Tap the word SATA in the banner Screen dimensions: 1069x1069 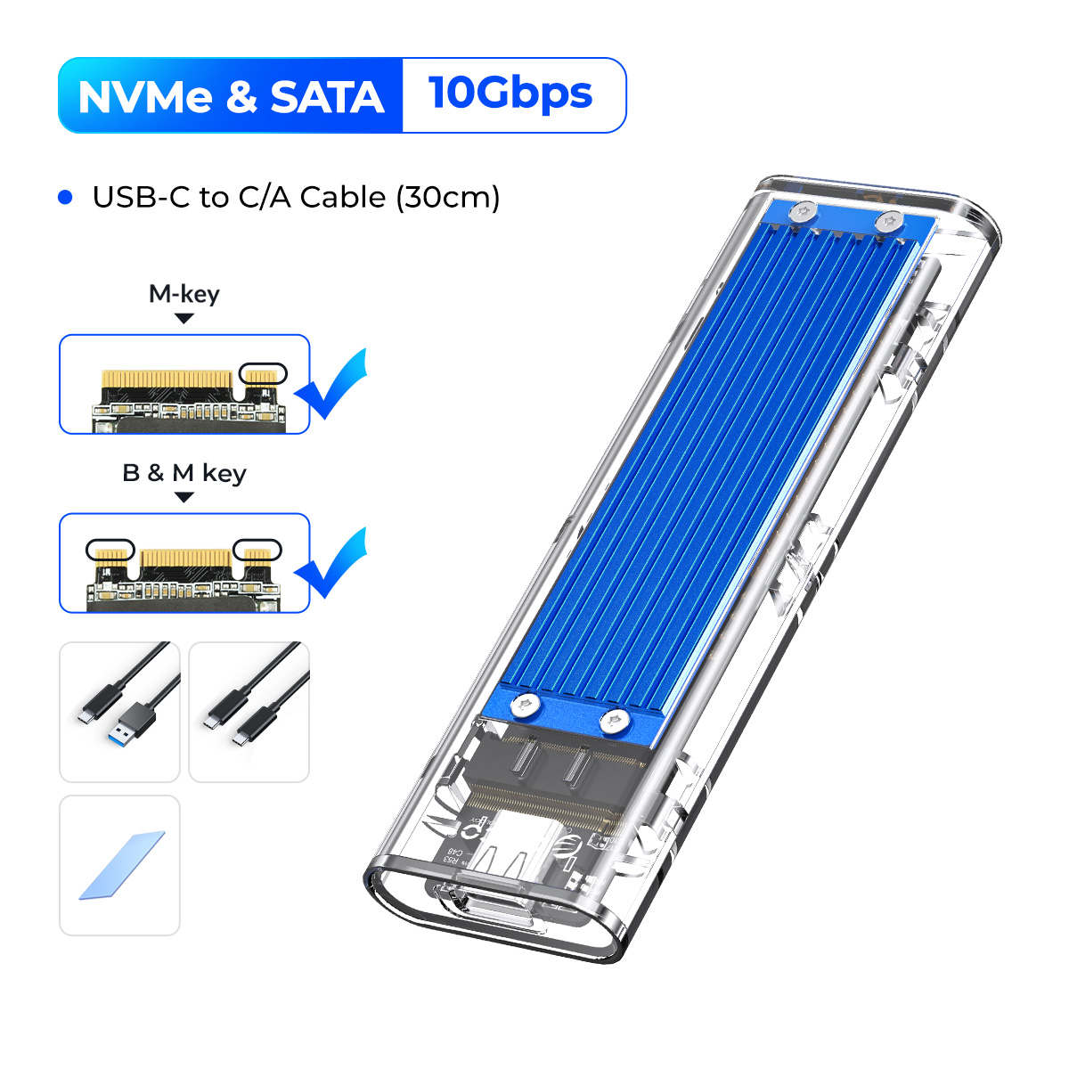(327, 97)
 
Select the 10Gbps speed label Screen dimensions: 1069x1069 (510, 94)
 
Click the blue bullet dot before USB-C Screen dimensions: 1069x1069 (65, 197)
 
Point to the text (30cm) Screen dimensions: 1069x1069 (448, 197)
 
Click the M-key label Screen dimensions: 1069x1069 (184, 293)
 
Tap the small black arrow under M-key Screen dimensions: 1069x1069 (184, 318)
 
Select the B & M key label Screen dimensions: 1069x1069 (184, 472)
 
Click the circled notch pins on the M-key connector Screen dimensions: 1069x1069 (264, 373)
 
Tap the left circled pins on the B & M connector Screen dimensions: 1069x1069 (110, 551)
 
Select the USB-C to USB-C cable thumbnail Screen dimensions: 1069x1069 (249, 712)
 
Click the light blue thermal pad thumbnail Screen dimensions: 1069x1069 (121, 865)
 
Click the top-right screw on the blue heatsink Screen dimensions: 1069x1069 (887, 221)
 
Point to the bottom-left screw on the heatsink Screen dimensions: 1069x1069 (526, 706)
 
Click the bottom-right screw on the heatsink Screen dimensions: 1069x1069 (612, 721)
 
